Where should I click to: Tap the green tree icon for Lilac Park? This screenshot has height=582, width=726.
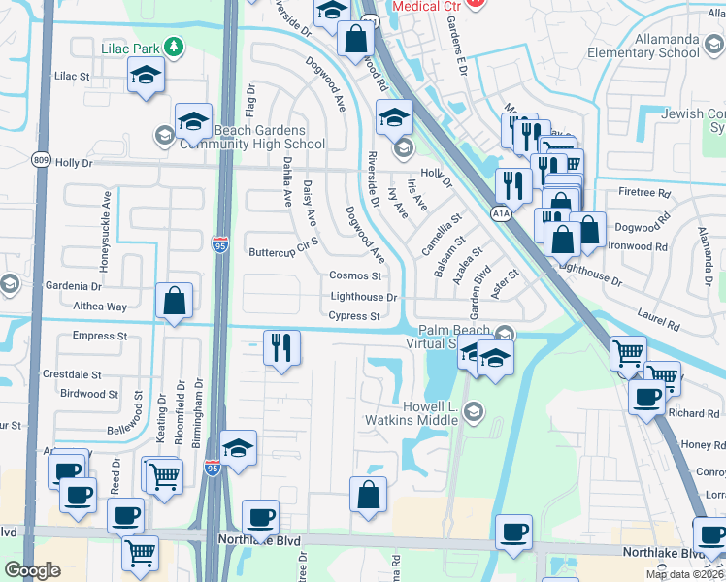[174, 47]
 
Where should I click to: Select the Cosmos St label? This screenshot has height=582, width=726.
[354, 276]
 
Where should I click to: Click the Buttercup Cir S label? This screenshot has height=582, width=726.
[283, 252]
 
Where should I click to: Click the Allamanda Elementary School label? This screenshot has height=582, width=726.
[645, 45]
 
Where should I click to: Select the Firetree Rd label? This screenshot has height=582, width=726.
[650, 193]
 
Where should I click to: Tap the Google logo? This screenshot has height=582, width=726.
[32, 570]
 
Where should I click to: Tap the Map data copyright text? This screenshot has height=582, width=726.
[682, 574]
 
